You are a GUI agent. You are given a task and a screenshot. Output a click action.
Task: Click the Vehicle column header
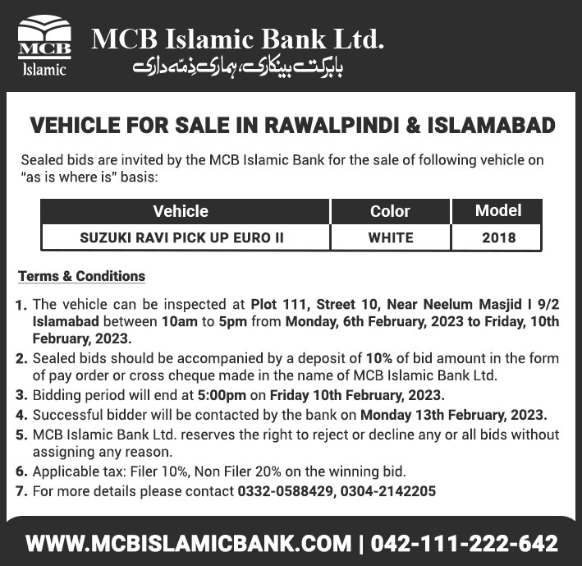(x=181, y=211)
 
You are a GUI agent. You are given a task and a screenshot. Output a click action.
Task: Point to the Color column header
(x=390, y=211)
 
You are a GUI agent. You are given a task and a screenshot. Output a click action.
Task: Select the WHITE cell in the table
(x=390, y=238)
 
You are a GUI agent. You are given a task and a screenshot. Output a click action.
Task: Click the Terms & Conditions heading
(x=81, y=276)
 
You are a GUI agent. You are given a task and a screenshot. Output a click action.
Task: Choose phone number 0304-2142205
(x=386, y=491)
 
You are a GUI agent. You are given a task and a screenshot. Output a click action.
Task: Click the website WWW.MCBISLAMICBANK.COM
(x=188, y=543)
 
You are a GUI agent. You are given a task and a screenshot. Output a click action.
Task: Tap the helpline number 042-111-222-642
(x=465, y=543)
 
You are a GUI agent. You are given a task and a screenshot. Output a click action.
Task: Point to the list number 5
(x=21, y=434)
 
